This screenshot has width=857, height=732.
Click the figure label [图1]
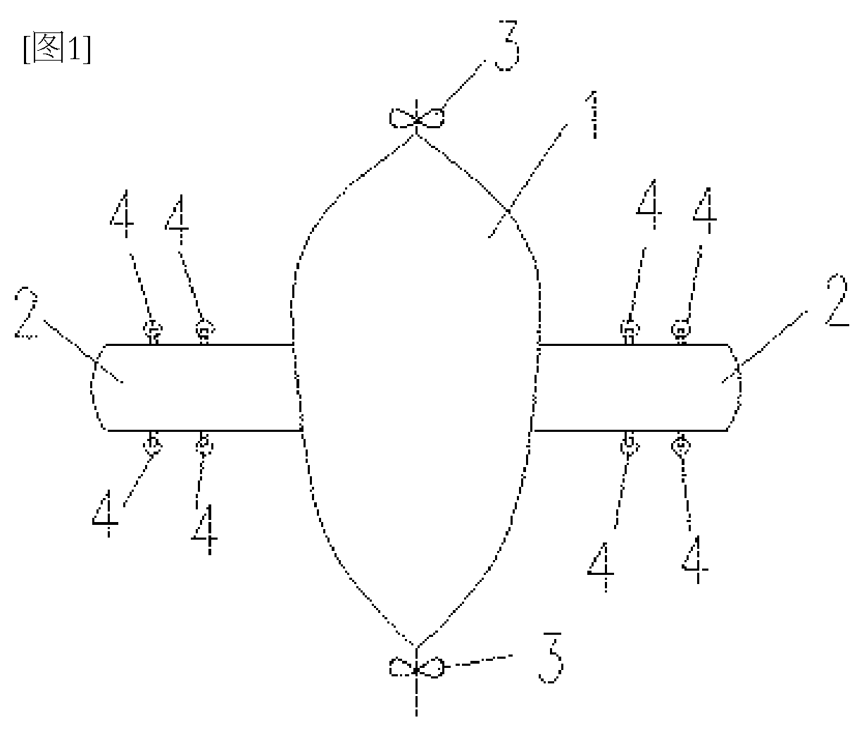pyautogui.click(x=57, y=48)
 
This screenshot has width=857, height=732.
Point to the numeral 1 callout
pyautogui.click(x=594, y=114)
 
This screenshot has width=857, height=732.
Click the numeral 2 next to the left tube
pyautogui.click(x=26, y=311)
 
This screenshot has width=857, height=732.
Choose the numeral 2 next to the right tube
pyautogui.click(x=837, y=299)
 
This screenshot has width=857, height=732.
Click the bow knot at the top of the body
pyautogui.click(x=417, y=118)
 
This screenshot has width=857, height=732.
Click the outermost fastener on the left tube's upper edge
pyautogui.click(x=153, y=330)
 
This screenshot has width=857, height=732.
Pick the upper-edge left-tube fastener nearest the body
pyautogui.click(x=205, y=330)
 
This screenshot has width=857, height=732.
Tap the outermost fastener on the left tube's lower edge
pyautogui.click(x=153, y=445)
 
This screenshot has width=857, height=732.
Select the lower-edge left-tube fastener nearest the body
pyautogui.click(x=204, y=445)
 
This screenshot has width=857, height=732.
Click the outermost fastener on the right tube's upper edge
pyautogui.click(x=681, y=330)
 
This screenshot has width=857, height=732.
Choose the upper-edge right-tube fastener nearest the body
pyautogui.click(x=630, y=330)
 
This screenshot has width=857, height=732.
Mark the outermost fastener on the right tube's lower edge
pyautogui.click(x=681, y=445)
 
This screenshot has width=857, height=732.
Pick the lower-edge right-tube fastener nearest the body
pyautogui.click(x=630, y=445)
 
